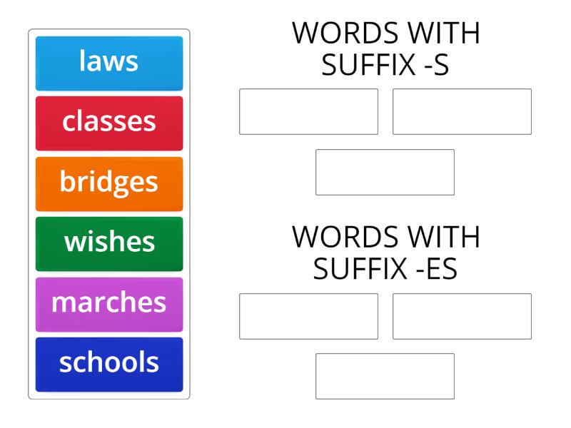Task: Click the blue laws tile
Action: (x=109, y=62)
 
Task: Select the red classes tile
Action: (x=109, y=122)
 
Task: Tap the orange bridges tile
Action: (x=109, y=183)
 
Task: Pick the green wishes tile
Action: (x=109, y=243)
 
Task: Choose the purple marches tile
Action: (x=109, y=303)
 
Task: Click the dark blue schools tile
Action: (x=109, y=364)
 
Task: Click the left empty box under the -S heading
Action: (x=308, y=111)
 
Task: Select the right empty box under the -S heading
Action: (x=462, y=111)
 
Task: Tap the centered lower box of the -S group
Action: (x=385, y=172)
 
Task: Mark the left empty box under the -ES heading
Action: (x=308, y=316)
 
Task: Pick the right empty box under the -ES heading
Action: (x=462, y=316)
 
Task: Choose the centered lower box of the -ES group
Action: (x=385, y=376)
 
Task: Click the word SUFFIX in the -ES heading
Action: (x=353, y=270)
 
